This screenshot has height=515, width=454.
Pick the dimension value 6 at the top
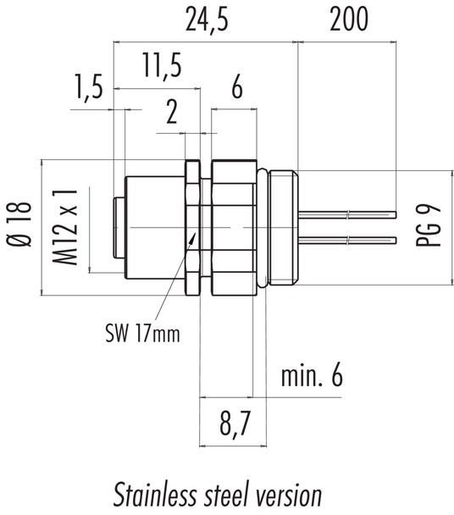click(x=236, y=89)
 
